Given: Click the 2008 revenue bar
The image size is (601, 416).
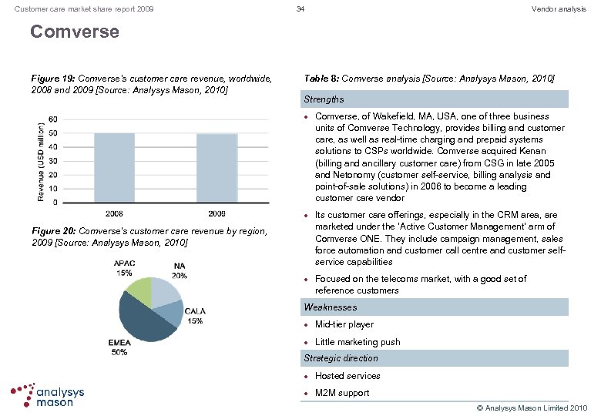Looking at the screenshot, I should [114, 167].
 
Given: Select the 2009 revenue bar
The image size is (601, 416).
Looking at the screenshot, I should [217, 168].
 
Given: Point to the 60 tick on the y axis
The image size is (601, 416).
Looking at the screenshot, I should [52, 119].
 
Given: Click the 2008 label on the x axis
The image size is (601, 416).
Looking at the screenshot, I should [114, 213].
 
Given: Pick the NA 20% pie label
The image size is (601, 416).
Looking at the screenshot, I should [179, 270].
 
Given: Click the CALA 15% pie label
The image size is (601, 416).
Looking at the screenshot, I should [194, 316].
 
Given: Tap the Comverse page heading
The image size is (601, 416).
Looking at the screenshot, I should [75, 32].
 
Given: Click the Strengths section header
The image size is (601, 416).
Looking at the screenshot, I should [324, 99].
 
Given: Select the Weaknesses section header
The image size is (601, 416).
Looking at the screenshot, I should [330, 307].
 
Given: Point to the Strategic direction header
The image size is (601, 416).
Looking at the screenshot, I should [341, 358].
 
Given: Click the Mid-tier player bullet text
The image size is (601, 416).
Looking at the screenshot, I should [344, 324].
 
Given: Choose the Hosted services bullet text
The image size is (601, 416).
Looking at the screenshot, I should [348, 376].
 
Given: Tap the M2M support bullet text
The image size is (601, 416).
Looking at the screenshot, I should [342, 393].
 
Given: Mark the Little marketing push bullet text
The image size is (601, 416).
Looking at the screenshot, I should [358, 342].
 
